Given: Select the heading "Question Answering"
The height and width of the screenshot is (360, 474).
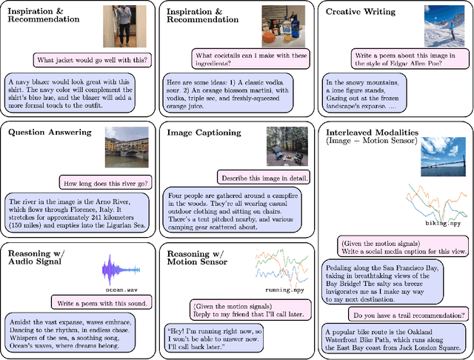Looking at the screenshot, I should [50, 133].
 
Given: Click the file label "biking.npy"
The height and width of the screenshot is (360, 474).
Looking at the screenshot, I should [427, 222].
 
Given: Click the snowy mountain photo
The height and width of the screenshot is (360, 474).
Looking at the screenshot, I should [444, 26].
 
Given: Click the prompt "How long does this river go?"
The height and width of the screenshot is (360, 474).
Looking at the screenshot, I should [110, 182].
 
